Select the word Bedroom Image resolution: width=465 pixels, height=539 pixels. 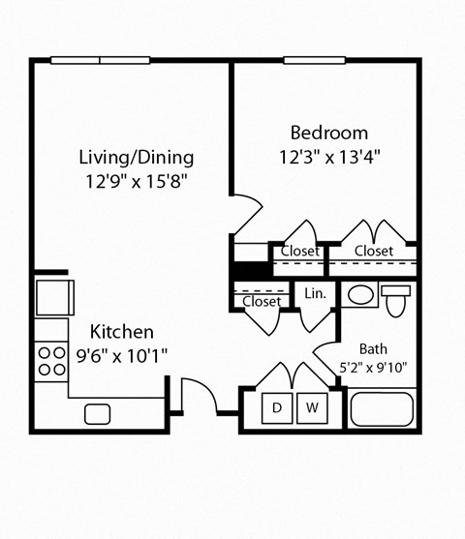(x=329, y=133)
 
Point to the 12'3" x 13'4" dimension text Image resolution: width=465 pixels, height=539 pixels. (x=329, y=156)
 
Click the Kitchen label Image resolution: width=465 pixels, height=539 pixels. (x=121, y=332)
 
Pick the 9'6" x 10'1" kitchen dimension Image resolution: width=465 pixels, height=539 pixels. (x=121, y=355)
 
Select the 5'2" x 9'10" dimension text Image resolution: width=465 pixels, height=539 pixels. (x=373, y=367)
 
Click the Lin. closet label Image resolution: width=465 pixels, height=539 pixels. (x=314, y=293)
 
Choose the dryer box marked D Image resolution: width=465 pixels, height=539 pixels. (x=277, y=408)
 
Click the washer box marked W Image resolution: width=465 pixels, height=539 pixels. (x=312, y=408)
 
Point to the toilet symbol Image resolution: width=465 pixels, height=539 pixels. (x=396, y=300)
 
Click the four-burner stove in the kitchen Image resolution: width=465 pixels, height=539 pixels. (x=50, y=362)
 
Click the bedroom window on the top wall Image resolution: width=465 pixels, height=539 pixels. (x=314, y=61)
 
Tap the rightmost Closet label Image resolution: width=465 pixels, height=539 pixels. (x=373, y=252)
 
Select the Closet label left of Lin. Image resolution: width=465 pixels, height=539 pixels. (x=262, y=301)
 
